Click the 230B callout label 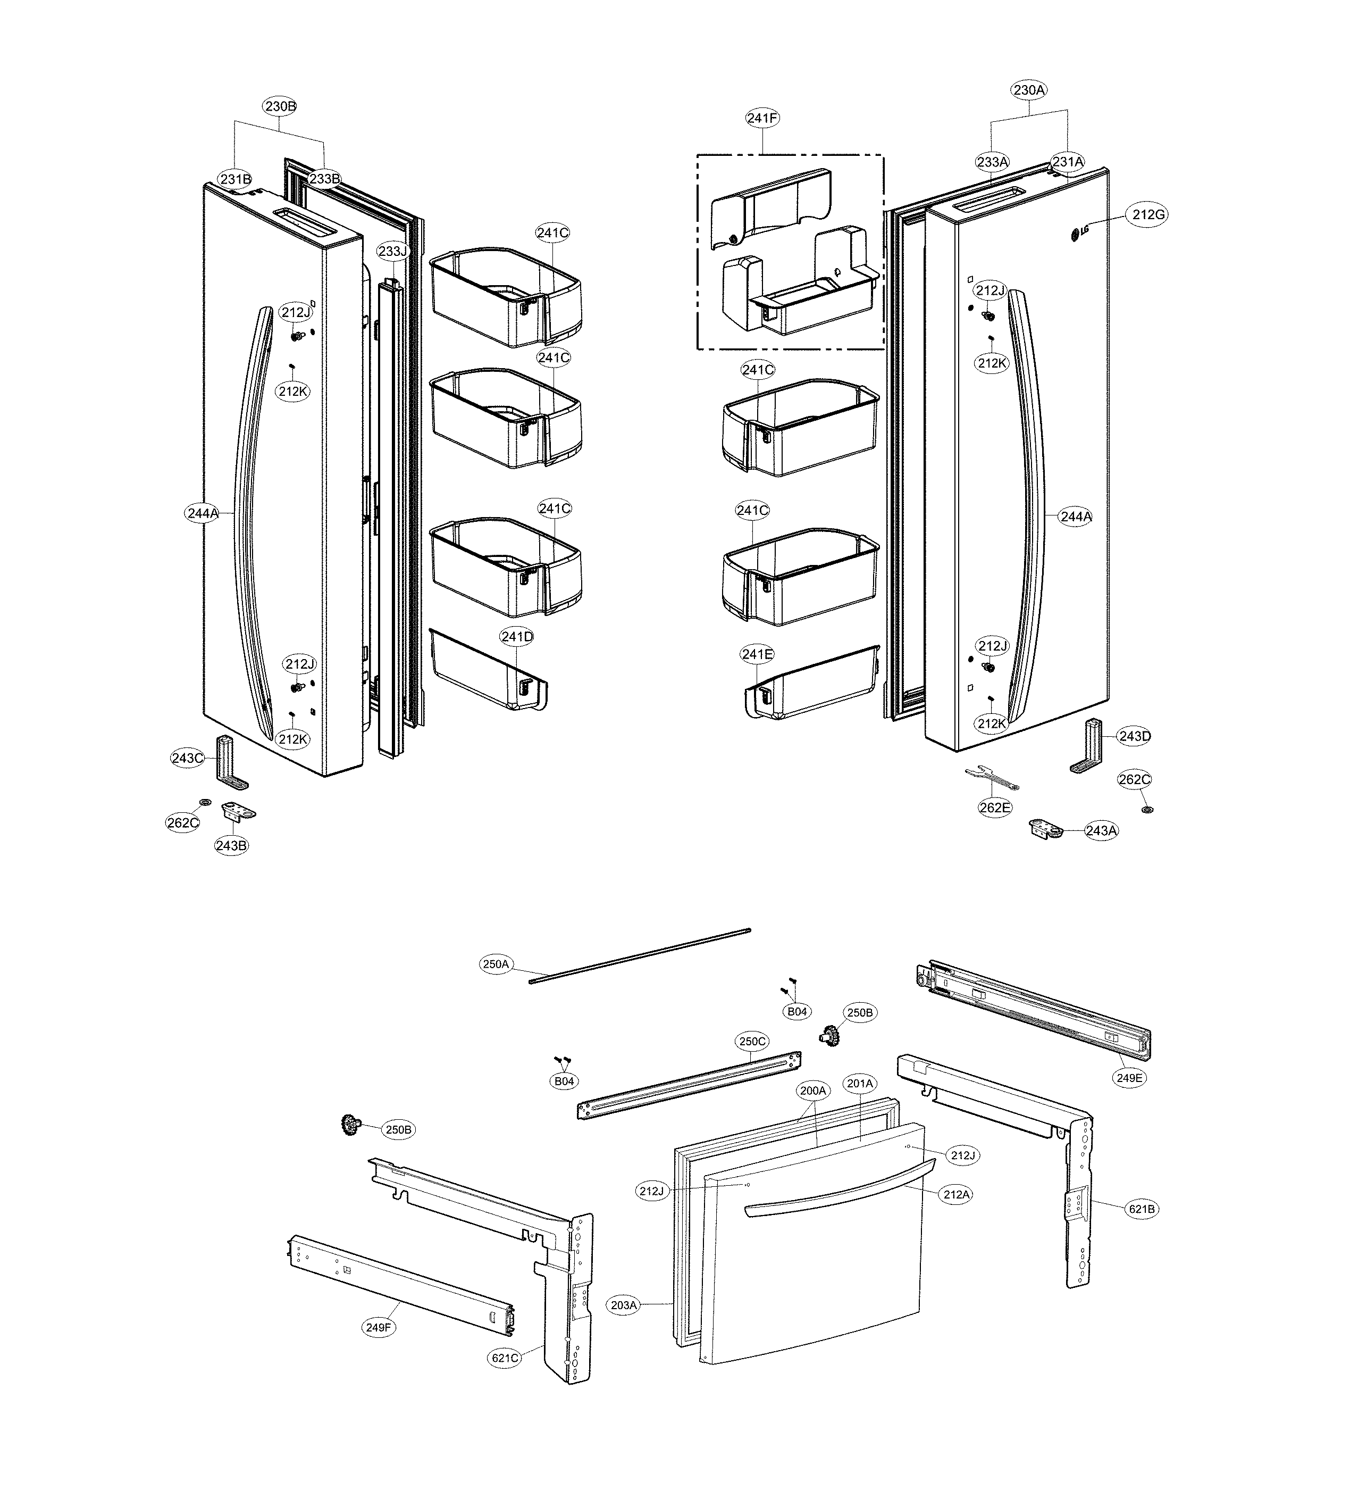[280, 106]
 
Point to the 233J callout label [392, 252]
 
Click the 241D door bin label [516, 636]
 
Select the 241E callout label [757, 654]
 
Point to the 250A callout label [496, 964]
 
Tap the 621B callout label [1142, 1209]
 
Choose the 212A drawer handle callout [956, 1195]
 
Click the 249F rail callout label [378, 1327]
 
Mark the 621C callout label [505, 1359]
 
